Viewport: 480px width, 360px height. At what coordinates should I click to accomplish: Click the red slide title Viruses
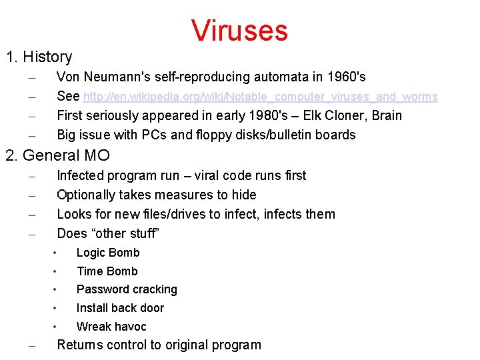point(239,30)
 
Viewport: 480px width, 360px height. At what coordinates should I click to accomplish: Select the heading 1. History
point(39,57)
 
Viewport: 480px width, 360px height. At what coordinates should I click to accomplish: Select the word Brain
point(387,115)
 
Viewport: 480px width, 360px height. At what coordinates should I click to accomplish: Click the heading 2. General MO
point(57,155)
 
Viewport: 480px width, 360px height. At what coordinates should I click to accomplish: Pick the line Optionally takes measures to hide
point(157,195)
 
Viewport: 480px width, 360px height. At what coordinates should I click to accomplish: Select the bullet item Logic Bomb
point(108,253)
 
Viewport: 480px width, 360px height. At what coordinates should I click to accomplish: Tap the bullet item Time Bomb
point(107,271)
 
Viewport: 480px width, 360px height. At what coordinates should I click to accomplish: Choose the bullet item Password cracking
point(127,289)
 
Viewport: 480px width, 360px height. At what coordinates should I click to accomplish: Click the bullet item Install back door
point(120,308)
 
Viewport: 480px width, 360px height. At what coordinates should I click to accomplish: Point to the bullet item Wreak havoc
point(111,327)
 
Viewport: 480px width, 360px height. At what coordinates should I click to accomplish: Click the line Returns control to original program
point(159,345)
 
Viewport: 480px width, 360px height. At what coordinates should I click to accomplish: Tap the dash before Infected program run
point(31,177)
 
